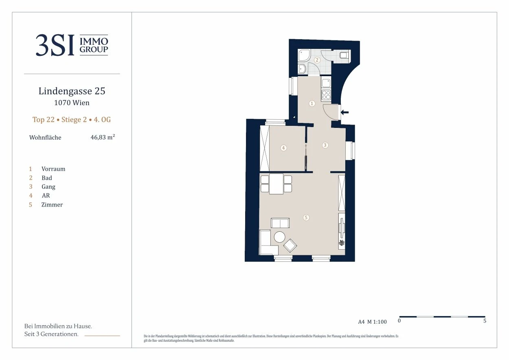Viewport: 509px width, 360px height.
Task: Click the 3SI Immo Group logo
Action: [72, 45]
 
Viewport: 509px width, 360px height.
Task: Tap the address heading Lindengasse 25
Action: [72, 91]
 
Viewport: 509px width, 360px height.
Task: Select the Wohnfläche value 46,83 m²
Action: [103, 137]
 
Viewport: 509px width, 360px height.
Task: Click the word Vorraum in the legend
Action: [53, 169]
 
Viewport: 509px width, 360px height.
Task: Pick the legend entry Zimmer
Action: [52, 204]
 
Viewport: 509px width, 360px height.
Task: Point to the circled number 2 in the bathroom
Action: [317, 60]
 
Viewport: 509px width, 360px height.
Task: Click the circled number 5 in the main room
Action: [306, 217]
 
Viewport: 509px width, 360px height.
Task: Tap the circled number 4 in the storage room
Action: [283, 148]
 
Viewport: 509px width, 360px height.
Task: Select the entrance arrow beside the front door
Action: [345, 112]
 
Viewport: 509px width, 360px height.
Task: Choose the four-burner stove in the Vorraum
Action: [326, 95]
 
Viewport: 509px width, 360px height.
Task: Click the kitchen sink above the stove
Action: [326, 83]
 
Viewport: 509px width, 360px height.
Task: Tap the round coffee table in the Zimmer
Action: [279, 237]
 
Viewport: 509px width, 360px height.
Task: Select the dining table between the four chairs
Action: [276, 184]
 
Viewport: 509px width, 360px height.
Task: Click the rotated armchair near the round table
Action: [290, 246]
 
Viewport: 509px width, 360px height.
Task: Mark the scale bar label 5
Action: [485, 320]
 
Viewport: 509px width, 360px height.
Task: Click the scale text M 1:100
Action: [377, 322]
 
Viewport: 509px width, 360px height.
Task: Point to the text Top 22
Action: [44, 120]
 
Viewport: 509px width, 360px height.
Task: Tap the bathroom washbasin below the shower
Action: [302, 69]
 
